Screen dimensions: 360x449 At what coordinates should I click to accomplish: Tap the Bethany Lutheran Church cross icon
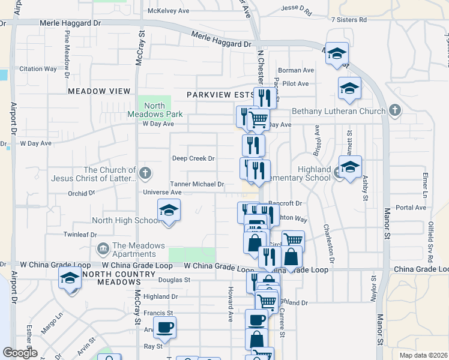point(394,111)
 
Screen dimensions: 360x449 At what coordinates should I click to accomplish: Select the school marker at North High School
point(169,211)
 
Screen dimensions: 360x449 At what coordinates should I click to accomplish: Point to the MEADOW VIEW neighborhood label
point(99,91)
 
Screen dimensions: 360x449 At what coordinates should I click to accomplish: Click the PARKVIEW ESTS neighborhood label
point(220,95)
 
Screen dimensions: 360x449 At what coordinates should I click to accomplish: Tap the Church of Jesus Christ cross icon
point(145,174)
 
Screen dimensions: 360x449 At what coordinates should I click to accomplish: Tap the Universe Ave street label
point(162,193)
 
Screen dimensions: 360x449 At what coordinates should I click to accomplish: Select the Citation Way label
point(38,69)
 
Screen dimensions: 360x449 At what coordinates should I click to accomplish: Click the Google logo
point(20,353)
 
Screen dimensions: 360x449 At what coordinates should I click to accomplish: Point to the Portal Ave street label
point(411,208)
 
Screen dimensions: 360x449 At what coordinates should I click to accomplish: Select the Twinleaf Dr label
point(80,235)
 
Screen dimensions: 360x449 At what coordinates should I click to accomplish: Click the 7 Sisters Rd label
point(349,20)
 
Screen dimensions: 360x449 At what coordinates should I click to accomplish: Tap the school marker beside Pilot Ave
point(349,89)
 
